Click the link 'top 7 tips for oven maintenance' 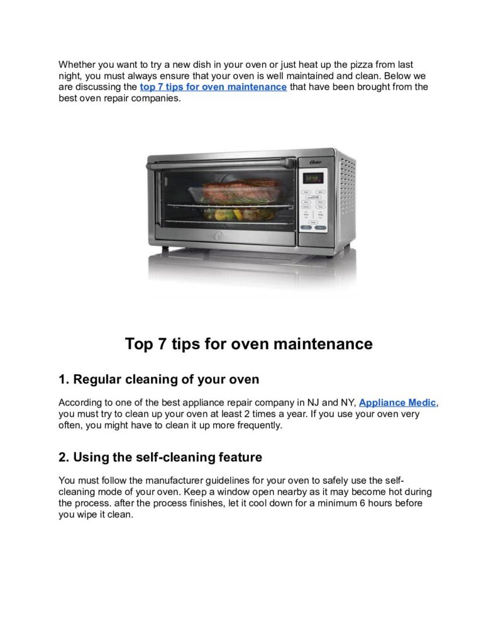[x=213, y=87]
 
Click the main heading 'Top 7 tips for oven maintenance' [x=248, y=344]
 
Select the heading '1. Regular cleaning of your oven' [x=158, y=379]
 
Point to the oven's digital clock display [x=313, y=178]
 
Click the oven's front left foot [x=165, y=250]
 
